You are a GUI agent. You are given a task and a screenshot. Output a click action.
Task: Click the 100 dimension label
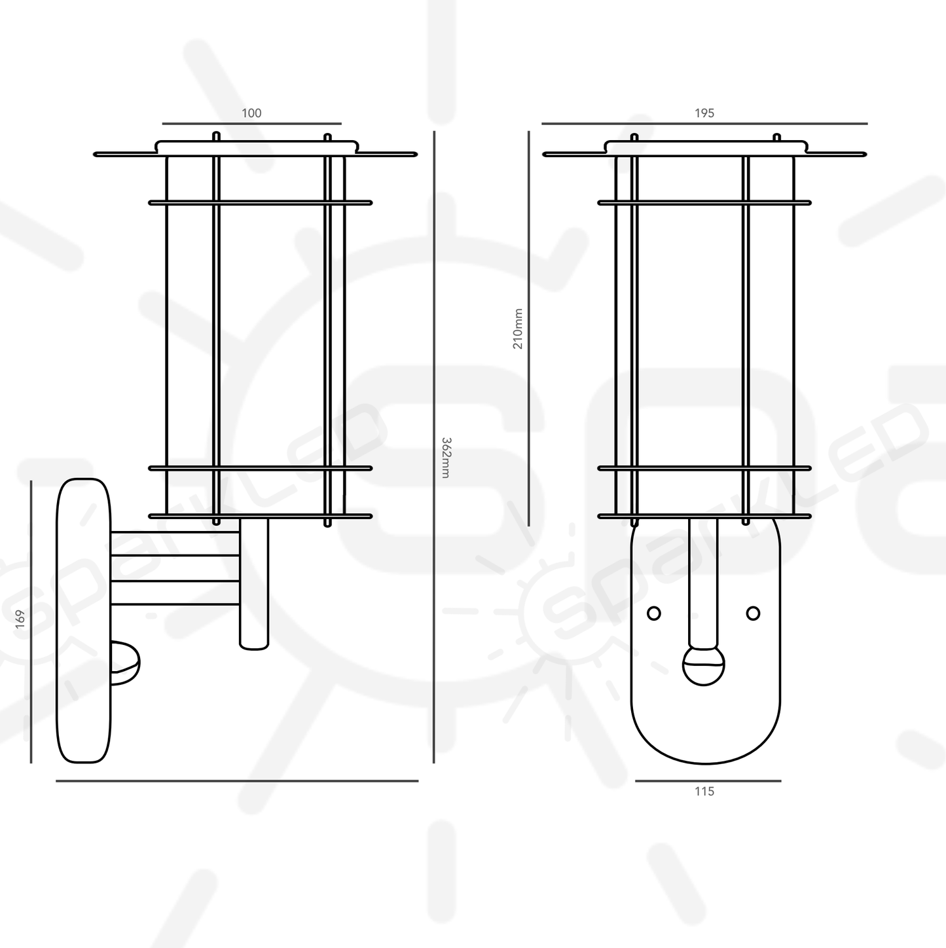tap(251, 113)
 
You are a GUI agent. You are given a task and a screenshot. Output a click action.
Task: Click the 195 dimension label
tap(704, 113)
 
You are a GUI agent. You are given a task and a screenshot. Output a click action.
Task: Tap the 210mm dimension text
tap(518, 329)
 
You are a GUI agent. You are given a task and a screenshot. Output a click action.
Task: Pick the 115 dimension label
tap(704, 792)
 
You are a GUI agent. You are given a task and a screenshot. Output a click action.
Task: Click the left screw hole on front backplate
tap(653, 613)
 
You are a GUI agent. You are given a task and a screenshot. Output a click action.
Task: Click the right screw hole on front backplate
tap(753, 613)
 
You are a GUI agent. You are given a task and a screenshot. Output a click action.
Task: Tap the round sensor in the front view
tap(704, 666)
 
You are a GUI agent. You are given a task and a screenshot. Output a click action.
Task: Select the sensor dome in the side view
tap(126, 663)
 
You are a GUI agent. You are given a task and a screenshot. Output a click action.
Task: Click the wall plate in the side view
tap(84, 621)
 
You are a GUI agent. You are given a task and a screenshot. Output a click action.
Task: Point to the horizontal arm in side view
tap(175, 568)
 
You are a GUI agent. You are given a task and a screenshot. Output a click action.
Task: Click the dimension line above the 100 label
tap(251, 123)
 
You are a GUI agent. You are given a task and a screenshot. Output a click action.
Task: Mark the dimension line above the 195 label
tap(704, 123)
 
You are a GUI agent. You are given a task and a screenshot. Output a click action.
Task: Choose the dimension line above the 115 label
tap(708, 780)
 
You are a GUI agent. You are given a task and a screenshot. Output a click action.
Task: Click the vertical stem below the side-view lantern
tap(254, 583)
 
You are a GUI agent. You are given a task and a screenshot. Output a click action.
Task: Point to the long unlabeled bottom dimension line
tap(237, 780)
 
